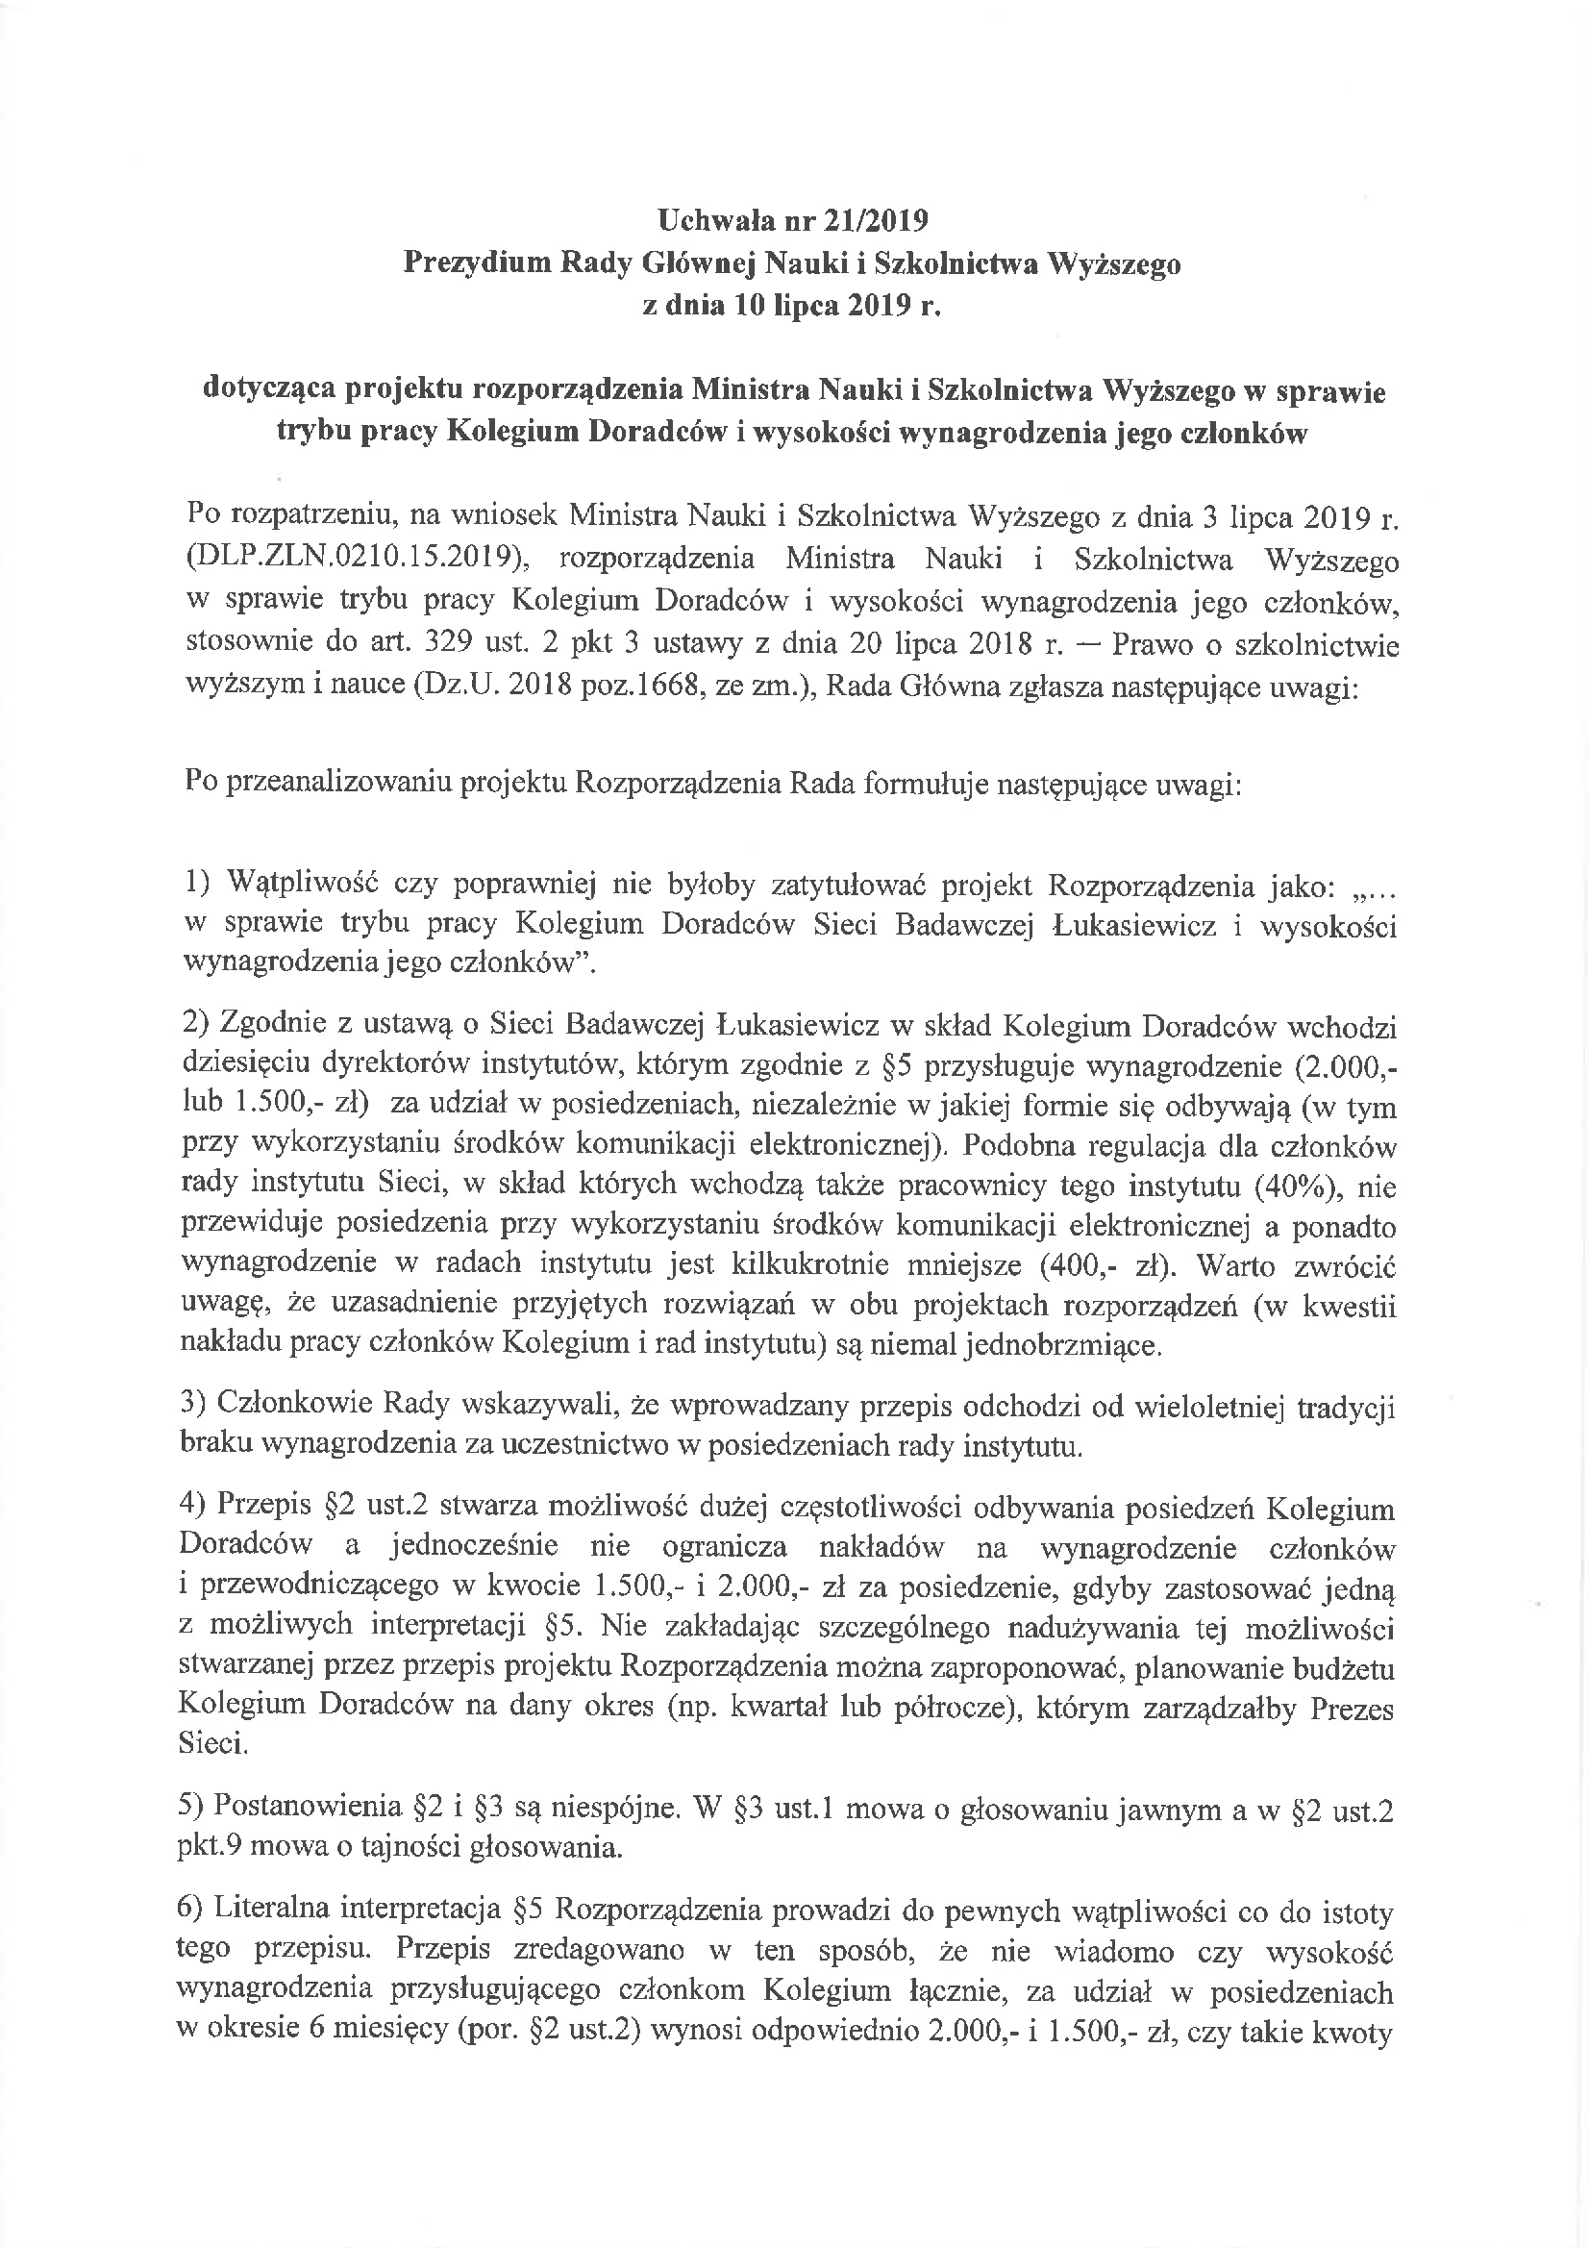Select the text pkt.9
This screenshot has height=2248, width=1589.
[208, 1849]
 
